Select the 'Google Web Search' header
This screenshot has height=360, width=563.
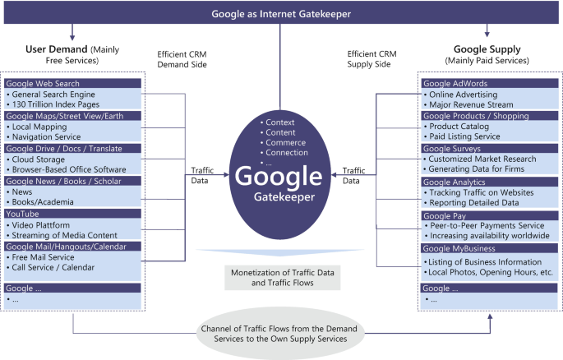click(41, 83)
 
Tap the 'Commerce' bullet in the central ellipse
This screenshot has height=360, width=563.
click(286, 141)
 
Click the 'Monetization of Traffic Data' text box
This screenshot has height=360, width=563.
click(281, 277)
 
